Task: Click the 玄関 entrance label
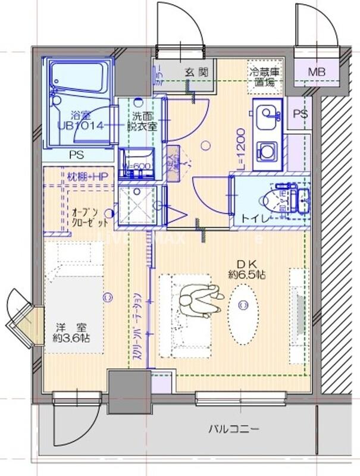point(196,72)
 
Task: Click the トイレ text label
point(254,219)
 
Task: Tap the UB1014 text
point(82,126)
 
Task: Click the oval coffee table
point(243,305)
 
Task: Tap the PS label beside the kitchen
point(300,114)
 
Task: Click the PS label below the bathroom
point(76,155)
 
